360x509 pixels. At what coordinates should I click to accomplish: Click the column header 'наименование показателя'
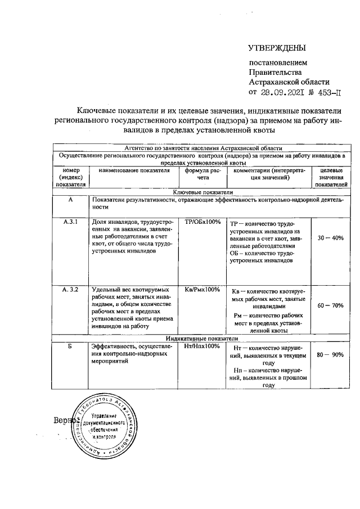point(134,170)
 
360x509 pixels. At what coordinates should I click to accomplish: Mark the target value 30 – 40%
point(330,238)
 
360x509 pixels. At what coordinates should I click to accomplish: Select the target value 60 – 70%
point(330,306)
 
